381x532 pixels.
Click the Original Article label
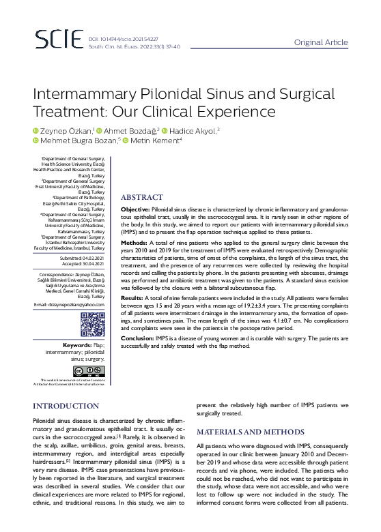pos(320,42)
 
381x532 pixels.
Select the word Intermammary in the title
pos(84,93)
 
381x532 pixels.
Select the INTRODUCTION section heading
pos(66,407)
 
